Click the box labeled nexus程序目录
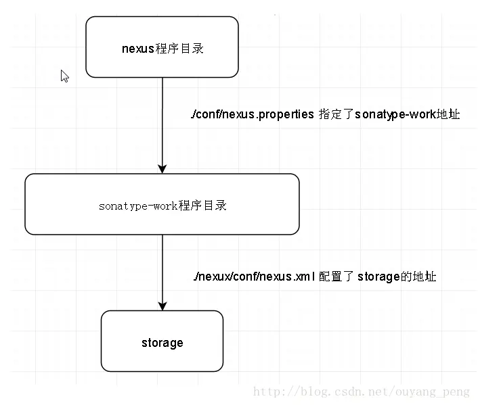[x=162, y=47]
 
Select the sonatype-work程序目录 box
[x=162, y=204]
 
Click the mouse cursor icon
[x=64, y=76]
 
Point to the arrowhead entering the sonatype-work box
[x=162, y=168]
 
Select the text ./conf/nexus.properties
[x=253, y=114]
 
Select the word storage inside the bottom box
[x=162, y=343]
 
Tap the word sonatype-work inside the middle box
[x=138, y=206]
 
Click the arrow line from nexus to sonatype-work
[x=162, y=122]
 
